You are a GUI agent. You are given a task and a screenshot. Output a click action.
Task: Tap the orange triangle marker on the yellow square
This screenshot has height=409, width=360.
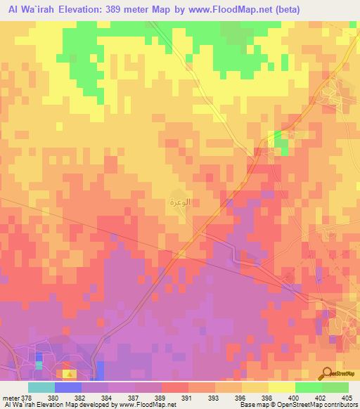pyautogui.click(x=67, y=366)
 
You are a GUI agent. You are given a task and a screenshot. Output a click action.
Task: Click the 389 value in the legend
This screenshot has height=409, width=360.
pyautogui.click(x=161, y=397)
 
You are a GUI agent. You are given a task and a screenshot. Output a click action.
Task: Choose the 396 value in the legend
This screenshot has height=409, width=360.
pyautogui.click(x=242, y=397)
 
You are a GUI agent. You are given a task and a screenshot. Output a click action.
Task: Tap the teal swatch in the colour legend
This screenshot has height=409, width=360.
pyautogui.click(x=41, y=387)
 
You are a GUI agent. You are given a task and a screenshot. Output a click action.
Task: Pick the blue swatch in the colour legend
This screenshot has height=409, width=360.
pyautogui.click(x=68, y=387)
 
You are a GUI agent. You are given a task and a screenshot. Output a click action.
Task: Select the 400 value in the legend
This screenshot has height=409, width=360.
pyautogui.click(x=295, y=397)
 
